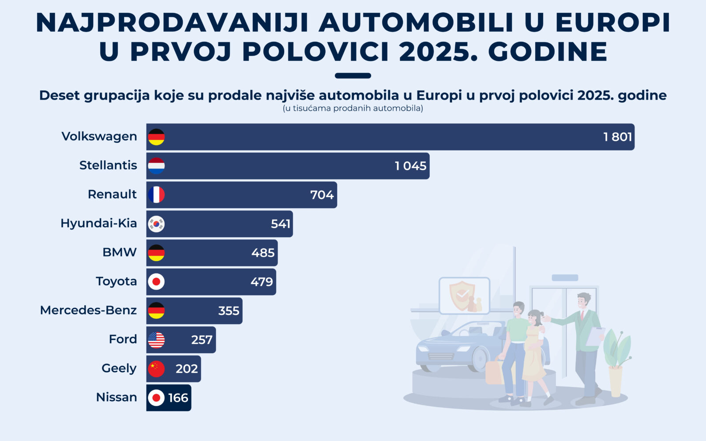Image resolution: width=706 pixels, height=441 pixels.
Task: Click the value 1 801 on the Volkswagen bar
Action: [617, 137]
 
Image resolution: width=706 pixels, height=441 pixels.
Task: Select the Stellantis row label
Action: [108, 165]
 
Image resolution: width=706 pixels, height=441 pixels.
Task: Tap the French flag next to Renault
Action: [156, 194]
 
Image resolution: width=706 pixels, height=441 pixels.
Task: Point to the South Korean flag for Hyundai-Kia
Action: [156, 224]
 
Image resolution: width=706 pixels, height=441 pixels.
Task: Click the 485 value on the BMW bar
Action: [263, 253]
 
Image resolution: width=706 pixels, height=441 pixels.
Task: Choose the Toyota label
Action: [116, 281]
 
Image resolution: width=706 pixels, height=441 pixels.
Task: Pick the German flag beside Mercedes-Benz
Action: [156, 310]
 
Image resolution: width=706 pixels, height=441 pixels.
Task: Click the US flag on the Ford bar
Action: [156, 340]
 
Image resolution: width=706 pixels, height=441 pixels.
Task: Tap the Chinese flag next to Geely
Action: [156, 369]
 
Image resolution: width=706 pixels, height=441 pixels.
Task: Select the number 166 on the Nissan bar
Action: [178, 398]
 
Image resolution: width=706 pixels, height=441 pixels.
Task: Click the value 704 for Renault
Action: [322, 195]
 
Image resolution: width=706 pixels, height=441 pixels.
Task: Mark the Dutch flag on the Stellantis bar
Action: [156, 166]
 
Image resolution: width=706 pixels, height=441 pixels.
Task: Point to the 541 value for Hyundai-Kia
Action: [281, 224]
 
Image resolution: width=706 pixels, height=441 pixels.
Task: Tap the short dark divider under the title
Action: [353, 75]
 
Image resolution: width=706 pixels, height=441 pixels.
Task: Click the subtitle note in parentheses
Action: [353, 108]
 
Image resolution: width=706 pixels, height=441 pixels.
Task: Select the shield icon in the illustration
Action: [462, 294]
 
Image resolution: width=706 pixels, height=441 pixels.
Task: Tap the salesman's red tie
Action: [582, 315]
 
